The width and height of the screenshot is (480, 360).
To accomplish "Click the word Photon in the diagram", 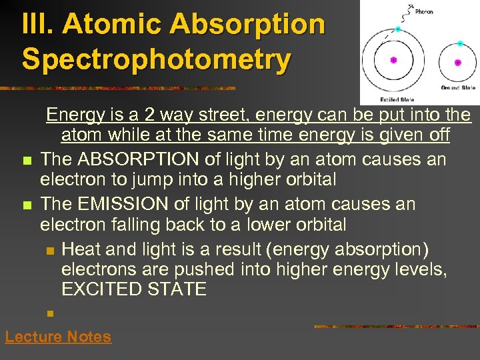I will pyautogui.click(x=423, y=11).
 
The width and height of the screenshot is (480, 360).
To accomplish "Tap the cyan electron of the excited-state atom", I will pyautogui.click(x=398, y=29).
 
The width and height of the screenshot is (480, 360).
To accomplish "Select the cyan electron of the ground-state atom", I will pyautogui.click(x=460, y=43).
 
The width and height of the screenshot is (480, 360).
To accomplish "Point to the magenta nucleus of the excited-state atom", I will pyautogui.click(x=393, y=60).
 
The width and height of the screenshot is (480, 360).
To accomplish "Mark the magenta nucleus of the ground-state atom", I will pyautogui.click(x=457, y=63).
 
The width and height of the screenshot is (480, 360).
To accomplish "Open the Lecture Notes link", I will pyautogui.click(x=58, y=337).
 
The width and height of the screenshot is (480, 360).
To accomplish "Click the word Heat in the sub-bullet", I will pyautogui.click(x=82, y=249).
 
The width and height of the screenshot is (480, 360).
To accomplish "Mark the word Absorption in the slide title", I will pyautogui.click(x=247, y=25).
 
